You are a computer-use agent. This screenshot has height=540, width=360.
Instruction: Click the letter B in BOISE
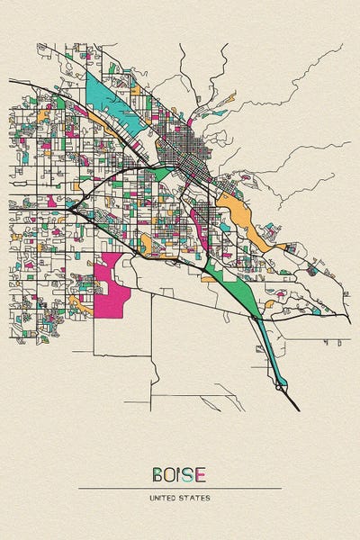click(x=157, y=474)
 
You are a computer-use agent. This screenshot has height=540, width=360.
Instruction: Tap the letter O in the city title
click(x=169, y=474)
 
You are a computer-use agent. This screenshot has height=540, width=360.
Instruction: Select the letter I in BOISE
click(x=178, y=474)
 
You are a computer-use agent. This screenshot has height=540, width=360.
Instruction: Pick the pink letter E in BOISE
click(x=200, y=474)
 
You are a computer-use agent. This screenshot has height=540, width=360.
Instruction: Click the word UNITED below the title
click(x=167, y=497)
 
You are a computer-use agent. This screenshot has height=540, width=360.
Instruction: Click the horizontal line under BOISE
click(x=180, y=488)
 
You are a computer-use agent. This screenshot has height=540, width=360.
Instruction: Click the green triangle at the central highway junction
click(x=162, y=171)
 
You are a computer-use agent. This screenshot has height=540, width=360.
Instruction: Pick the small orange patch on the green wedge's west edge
click(x=210, y=277)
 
